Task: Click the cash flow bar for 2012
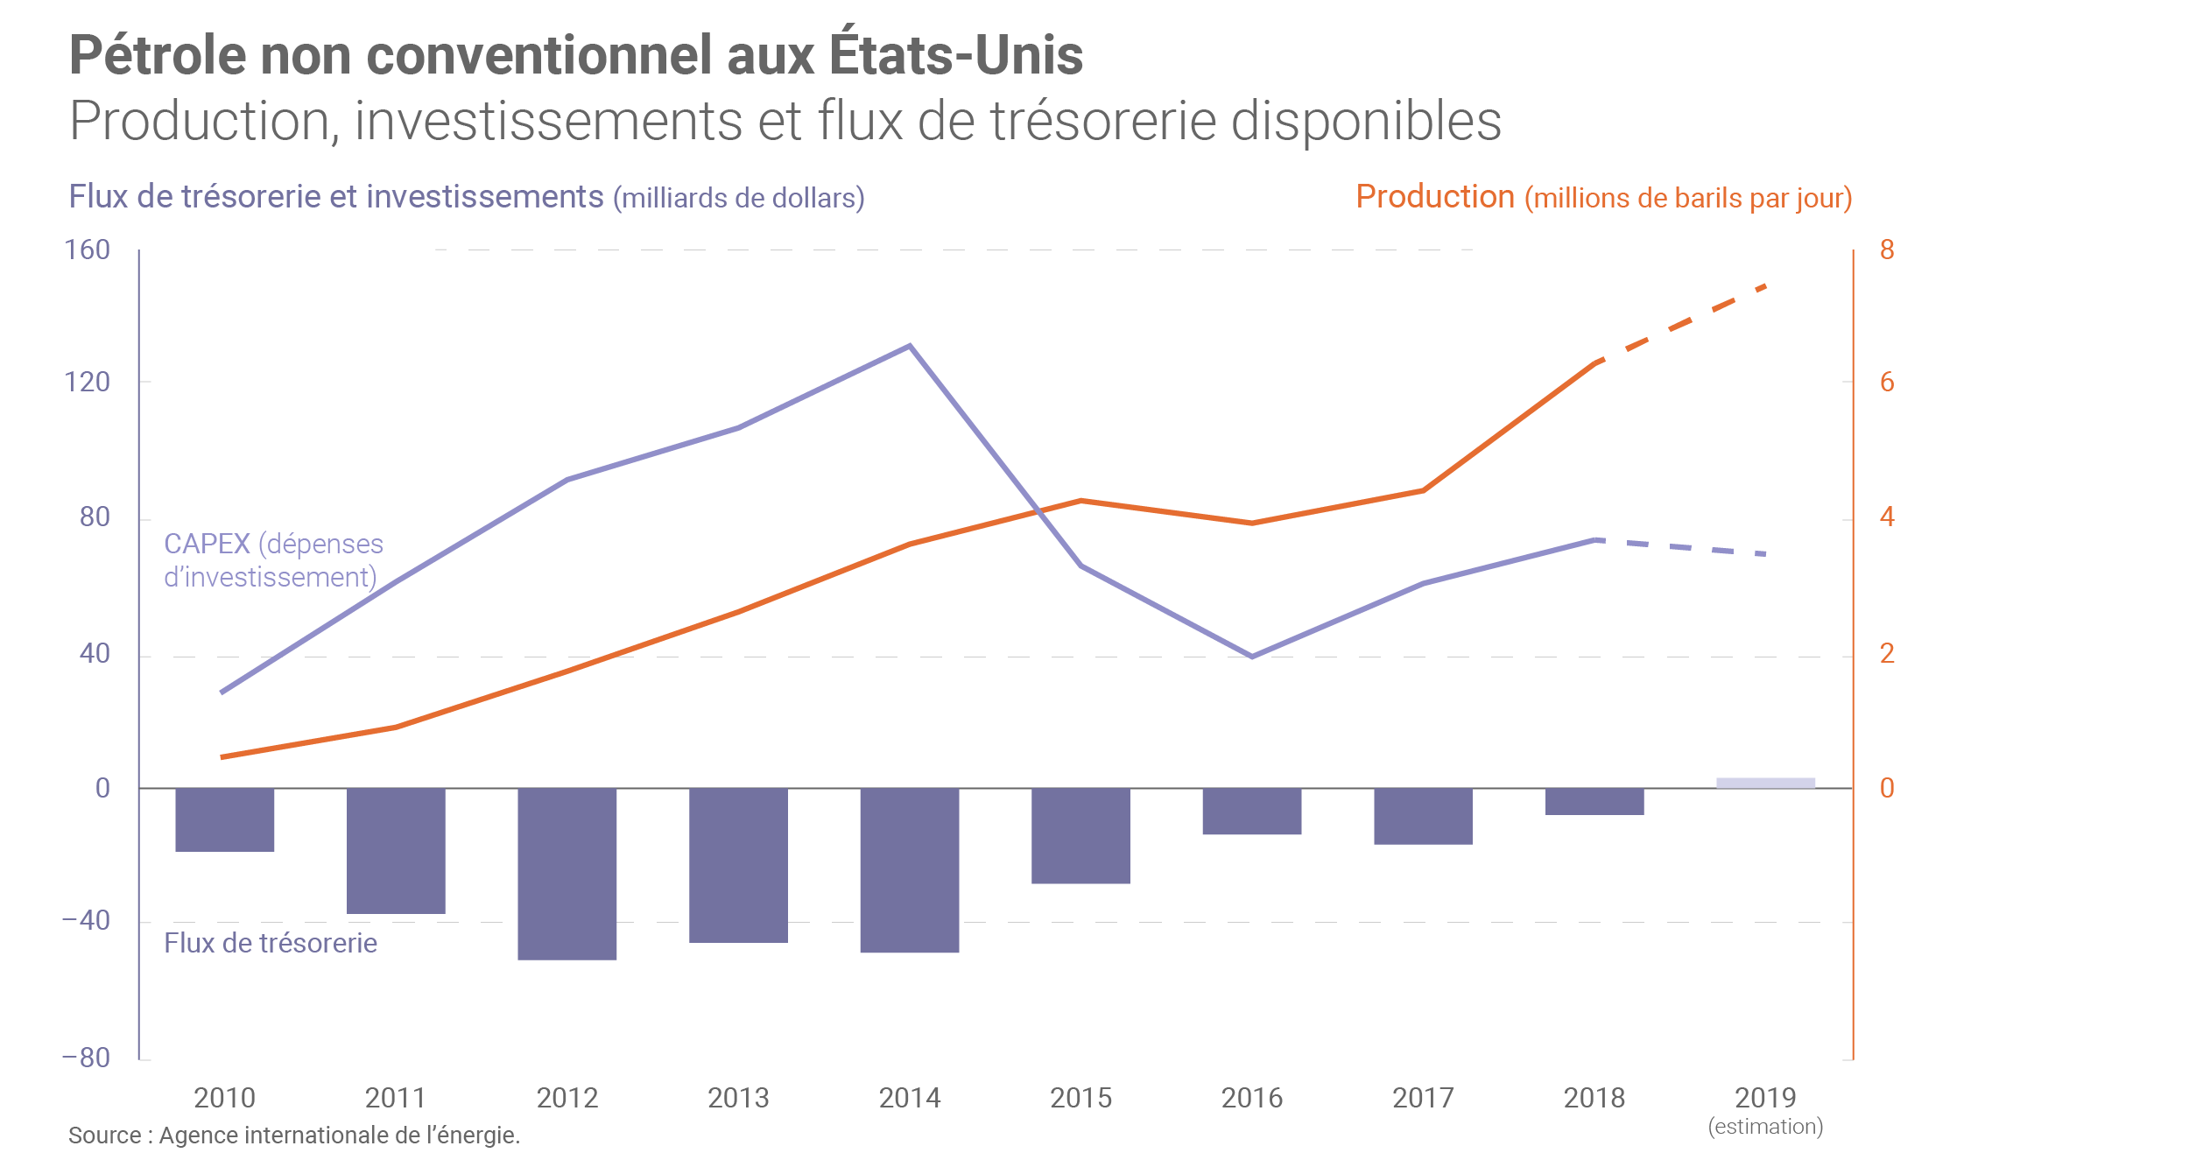[x=567, y=873]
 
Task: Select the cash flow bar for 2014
[x=909, y=869]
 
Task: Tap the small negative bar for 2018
[x=1594, y=801]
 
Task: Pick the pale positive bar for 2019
[x=1765, y=783]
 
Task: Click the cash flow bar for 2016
[x=1251, y=811]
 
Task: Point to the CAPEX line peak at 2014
[x=910, y=346]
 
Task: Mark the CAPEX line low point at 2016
[x=1252, y=656]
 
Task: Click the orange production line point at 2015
[x=1080, y=501]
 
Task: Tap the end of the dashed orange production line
[x=1765, y=286]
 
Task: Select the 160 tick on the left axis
[x=88, y=250]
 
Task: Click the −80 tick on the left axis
[x=86, y=1058]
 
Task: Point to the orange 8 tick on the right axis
[x=1887, y=250]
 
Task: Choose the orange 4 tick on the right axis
[x=1887, y=517]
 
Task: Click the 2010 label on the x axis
[x=224, y=1098]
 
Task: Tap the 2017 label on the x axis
[x=1423, y=1098]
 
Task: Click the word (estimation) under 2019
[x=1765, y=1127]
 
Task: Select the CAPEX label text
[x=273, y=560]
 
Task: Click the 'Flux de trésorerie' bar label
[x=271, y=943]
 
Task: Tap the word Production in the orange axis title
[x=1435, y=197]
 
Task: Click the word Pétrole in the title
[x=158, y=55]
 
